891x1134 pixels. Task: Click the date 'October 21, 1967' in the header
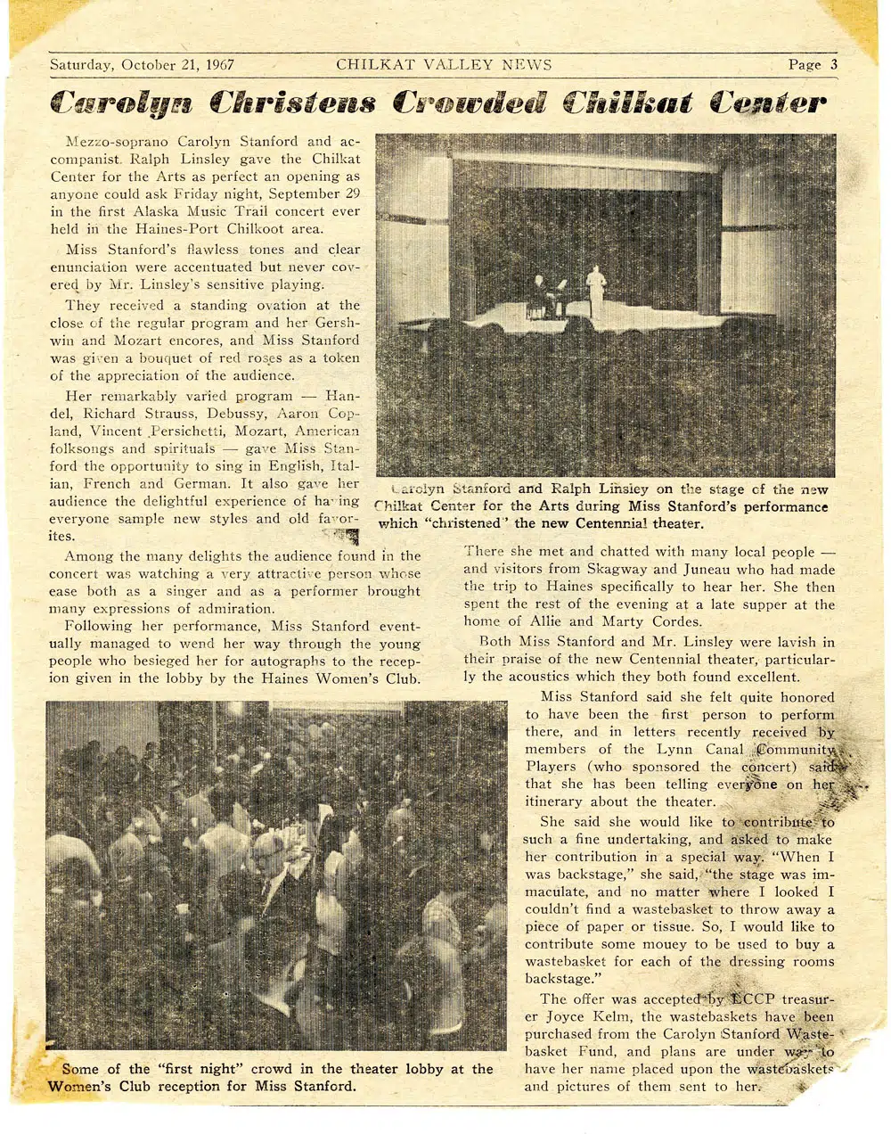pos(176,65)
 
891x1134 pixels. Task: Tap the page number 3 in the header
pos(834,64)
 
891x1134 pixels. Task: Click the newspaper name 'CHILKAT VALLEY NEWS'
pos(444,64)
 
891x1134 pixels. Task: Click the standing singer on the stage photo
pos(595,290)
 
